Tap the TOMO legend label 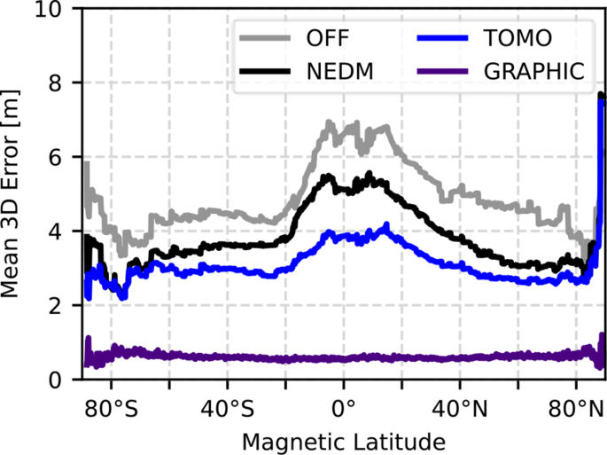pos(518,37)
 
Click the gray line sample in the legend pos(263,37)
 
